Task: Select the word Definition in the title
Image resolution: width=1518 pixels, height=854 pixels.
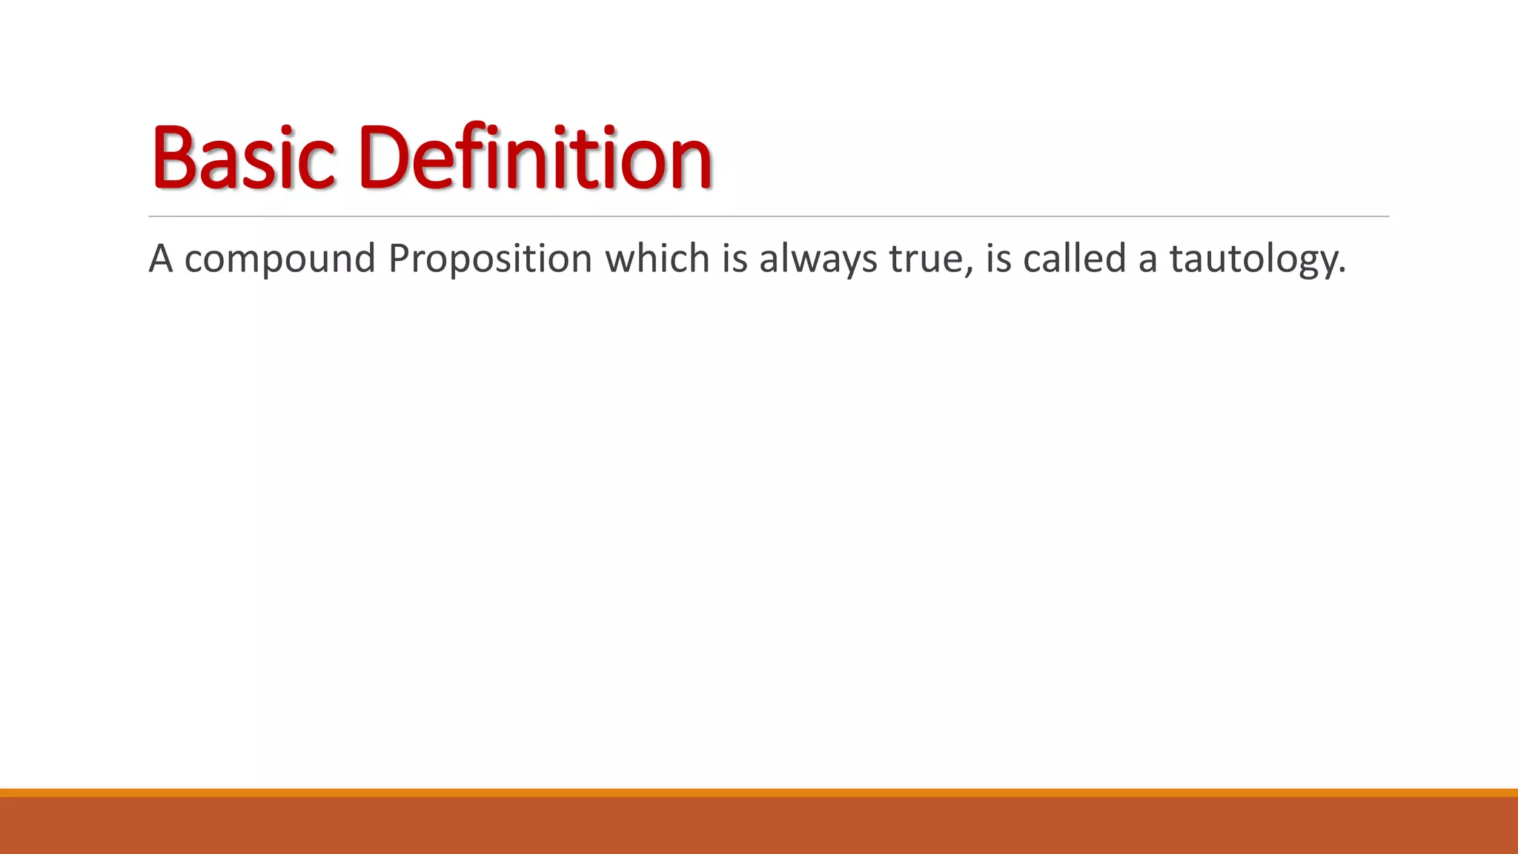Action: (534, 157)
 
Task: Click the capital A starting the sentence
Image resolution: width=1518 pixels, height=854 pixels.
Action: (161, 259)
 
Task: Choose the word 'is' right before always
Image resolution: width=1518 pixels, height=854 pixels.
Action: (735, 259)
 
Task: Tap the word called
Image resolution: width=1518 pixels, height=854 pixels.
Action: (1074, 259)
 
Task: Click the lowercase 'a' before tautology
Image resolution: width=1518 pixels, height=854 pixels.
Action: (1148, 262)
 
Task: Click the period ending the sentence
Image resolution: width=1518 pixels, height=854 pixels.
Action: (1342, 271)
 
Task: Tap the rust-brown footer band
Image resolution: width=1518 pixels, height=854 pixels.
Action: (759, 826)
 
